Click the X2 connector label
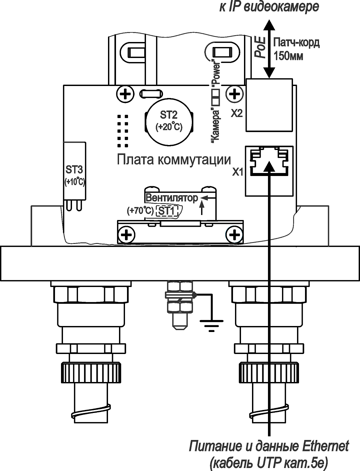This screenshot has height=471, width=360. [x=237, y=114]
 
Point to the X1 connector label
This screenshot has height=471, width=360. [x=238, y=172]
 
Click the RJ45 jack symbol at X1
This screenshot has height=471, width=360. [x=269, y=161]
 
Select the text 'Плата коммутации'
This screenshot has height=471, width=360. [x=174, y=160]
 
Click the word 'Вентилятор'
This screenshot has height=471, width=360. [x=172, y=198]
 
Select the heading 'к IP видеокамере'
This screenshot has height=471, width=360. [x=269, y=7]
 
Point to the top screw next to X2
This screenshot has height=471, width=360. [x=235, y=94]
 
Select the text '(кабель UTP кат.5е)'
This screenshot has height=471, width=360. [x=269, y=463]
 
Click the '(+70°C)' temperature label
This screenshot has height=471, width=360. [x=140, y=211]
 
